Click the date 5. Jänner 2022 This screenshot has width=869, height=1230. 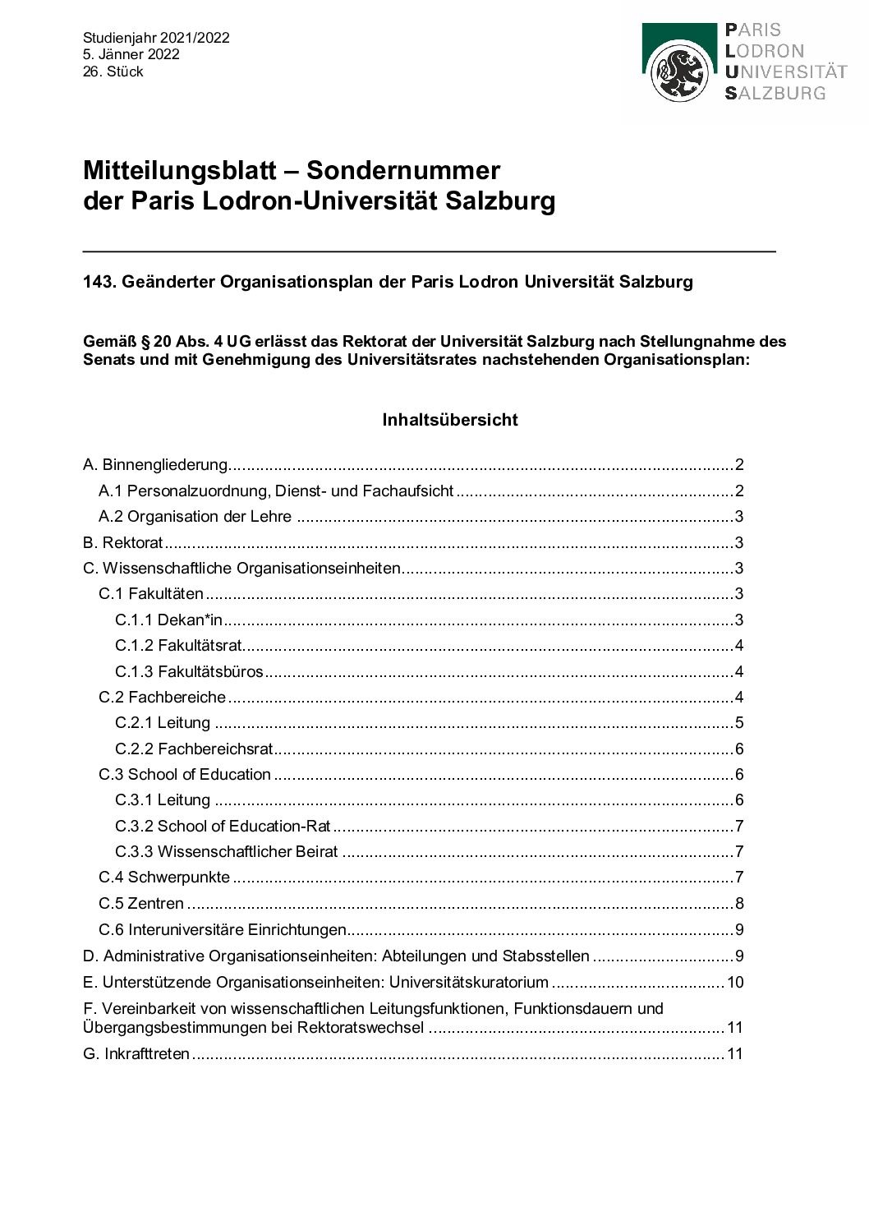[x=131, y=54]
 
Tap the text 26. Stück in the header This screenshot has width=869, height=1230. [x=113, y=71]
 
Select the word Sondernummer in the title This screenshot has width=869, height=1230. [x=403, y=170]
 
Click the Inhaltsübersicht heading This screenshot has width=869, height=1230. [x=450, y=420]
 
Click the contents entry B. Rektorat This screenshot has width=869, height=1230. [x=123, y=542]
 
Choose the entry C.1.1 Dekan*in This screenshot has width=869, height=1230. [x=168, y=620]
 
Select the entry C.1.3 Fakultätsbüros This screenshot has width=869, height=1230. [x=189, y=671]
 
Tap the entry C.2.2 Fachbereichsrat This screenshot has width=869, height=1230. [x=194, y=749]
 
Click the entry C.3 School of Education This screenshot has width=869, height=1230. [x=185, y=774]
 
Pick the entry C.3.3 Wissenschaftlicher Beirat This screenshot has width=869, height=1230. [x=227, y=851]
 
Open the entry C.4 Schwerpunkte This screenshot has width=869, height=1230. [x=164, y=877]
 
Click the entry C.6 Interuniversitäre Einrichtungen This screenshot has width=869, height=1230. [x=223, y=929]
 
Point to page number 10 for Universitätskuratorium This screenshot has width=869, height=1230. [x=735, y=982]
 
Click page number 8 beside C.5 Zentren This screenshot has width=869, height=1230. [x=739, y=904]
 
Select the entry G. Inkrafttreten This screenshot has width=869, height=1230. [x=136, y=1053]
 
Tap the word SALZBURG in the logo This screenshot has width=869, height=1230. [x=775, y=93]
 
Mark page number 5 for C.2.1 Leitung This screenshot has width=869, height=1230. [x=739, y=723]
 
